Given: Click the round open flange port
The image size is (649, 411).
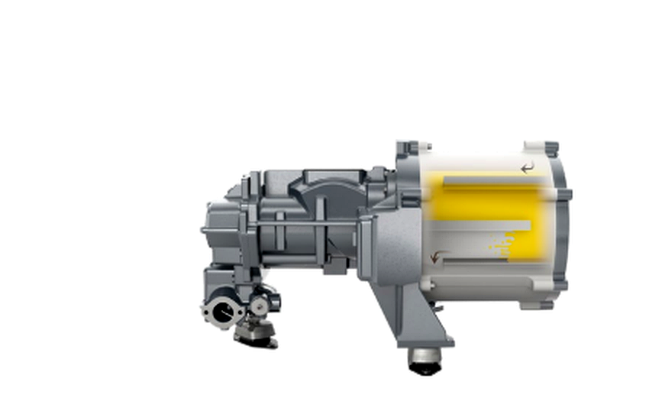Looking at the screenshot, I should pos(222,312).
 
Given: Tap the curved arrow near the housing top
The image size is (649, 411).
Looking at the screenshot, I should pos(527,167).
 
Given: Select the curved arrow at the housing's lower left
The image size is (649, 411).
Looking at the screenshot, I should pos(435,257).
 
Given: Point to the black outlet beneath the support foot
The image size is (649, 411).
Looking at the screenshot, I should pos(425,361).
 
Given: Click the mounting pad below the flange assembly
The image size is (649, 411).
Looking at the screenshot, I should pos(254,332).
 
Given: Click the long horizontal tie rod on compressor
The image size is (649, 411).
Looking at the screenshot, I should pos(305,223).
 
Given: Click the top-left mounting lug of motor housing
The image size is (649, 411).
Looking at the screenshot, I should pos(408,148).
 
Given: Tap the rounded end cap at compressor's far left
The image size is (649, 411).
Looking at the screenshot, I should pos(218,229).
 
